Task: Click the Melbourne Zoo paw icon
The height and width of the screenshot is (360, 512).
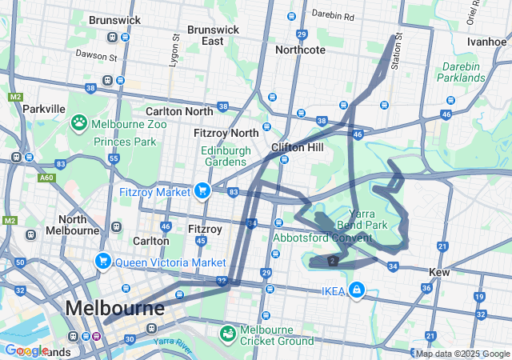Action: click(x=79, y=123)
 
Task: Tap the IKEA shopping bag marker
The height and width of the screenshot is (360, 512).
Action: click(x=356, y=290)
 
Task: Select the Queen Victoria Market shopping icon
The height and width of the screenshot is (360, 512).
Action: click(x=102, y=262)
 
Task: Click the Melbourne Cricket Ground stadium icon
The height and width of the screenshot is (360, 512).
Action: click(x=228, y=331)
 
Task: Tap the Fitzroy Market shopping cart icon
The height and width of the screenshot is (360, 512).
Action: click(x=201, y=190)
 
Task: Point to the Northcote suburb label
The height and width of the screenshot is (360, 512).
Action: click(x=300, y=50)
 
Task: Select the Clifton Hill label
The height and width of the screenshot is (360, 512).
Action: click(x=296, y=147)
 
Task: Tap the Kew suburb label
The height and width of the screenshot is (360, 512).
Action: click(x=439, y=273)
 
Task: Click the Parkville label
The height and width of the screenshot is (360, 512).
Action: click(x=44, y=108)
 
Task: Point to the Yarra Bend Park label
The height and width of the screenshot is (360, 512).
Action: click(x=362, y=220)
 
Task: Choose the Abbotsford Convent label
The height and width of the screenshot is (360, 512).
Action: click(x=322, y=238)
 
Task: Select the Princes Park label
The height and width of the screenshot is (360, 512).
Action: click(x=125, y=142)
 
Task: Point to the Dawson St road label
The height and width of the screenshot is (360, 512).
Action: click(x=96, y=56)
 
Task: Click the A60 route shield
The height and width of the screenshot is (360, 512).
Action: click(x=46, y=178)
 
